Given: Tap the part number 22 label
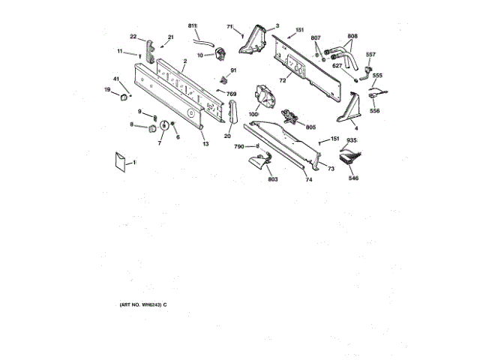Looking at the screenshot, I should coord(133,37).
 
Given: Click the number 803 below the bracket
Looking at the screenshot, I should coord(272,180).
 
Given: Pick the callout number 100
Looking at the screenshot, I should coord(253,113).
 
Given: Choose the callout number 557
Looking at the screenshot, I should coord(370,54).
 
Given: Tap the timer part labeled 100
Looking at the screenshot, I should coord(265,97).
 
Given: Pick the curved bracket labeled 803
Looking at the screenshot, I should coord(260,161).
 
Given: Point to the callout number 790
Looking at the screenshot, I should coord(239,147).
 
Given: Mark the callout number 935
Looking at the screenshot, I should coord(352,140).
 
